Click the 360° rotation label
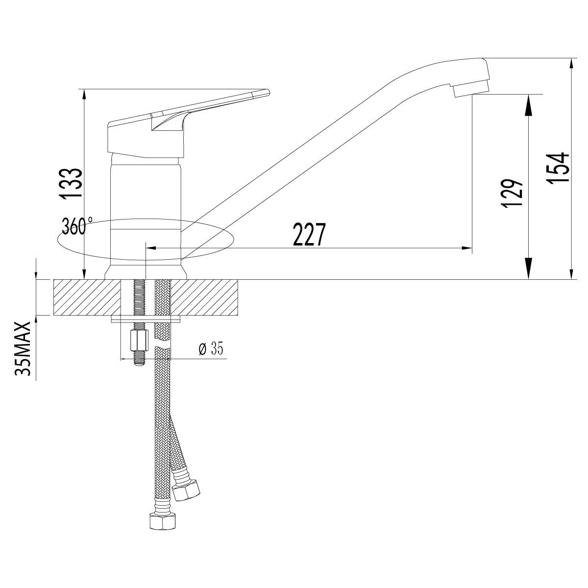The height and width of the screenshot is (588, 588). pos(77,226)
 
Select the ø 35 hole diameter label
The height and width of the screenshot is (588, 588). pos(211,348)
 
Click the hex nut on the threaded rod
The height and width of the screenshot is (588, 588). pos(139,340)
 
